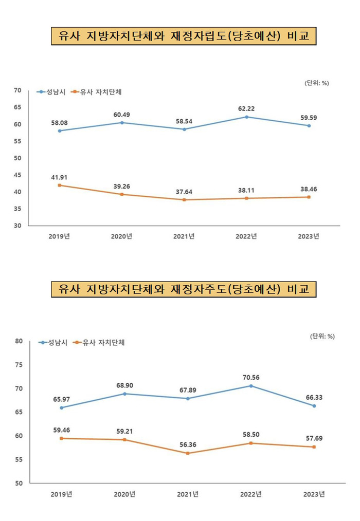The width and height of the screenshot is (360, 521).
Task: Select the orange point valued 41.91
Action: click(60, 185)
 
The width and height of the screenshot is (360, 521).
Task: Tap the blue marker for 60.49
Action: click(121, 122)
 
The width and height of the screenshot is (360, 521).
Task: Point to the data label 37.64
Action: click(185, 191)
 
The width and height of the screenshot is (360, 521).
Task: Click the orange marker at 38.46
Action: click(309, 197)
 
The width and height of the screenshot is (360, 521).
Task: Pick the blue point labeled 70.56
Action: click(251, 386)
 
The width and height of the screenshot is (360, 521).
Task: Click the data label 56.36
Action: click(187, 444)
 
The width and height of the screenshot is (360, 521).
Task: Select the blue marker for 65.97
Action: click(61, 407)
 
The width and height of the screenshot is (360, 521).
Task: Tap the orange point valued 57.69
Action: click(314, 447)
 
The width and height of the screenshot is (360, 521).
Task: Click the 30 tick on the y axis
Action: click(16, 226)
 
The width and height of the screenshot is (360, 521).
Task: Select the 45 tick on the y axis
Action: click(16, 175)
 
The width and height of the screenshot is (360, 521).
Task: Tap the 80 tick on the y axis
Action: click(19, 341)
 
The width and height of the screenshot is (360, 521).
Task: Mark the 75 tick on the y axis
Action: click(19, 365)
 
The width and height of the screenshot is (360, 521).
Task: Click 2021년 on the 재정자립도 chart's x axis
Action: click(184, 236)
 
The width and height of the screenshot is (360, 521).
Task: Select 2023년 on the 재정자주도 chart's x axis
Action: click(314, 494)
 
